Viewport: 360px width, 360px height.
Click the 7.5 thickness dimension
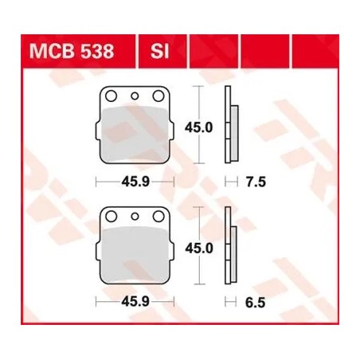(x=254, y=182)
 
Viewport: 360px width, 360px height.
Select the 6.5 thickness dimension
(x=254, y=302)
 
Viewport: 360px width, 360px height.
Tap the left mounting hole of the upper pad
(x=112, y=96)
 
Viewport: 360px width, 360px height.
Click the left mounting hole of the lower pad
(x=112, y=216)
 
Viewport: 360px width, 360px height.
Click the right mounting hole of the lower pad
(x=158, y=216)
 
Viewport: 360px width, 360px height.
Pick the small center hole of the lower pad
(x=135, y=216)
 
